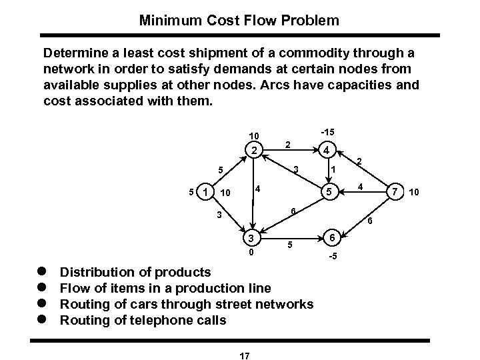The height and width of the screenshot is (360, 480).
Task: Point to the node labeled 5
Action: click(x=328, y=193)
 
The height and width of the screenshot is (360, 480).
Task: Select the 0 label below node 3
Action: click(x=251, y=253)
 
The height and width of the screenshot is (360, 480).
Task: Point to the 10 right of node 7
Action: click(x=414, y=193)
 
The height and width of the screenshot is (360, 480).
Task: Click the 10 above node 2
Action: click(x=253, y=135)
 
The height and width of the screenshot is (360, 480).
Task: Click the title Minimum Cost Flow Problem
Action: click(x=239, y=21)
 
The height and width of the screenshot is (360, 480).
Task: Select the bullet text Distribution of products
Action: click(x=135, y=272)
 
